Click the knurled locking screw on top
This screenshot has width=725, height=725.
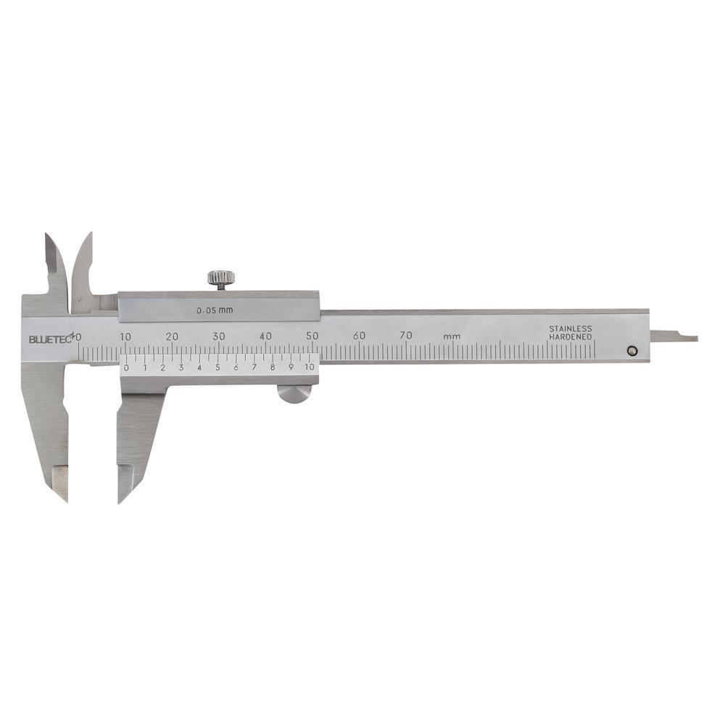coord(220,278)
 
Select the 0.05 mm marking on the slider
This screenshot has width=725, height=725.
coord(215,311)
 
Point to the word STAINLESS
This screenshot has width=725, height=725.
coord(570,328)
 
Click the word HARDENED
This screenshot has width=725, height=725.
coord(571,337)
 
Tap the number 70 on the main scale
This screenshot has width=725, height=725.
coord(406,335)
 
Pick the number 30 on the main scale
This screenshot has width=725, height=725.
coord(219,336)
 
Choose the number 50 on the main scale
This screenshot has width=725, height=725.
coord(312,336)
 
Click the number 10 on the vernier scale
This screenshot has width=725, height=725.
coord(310,367)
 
